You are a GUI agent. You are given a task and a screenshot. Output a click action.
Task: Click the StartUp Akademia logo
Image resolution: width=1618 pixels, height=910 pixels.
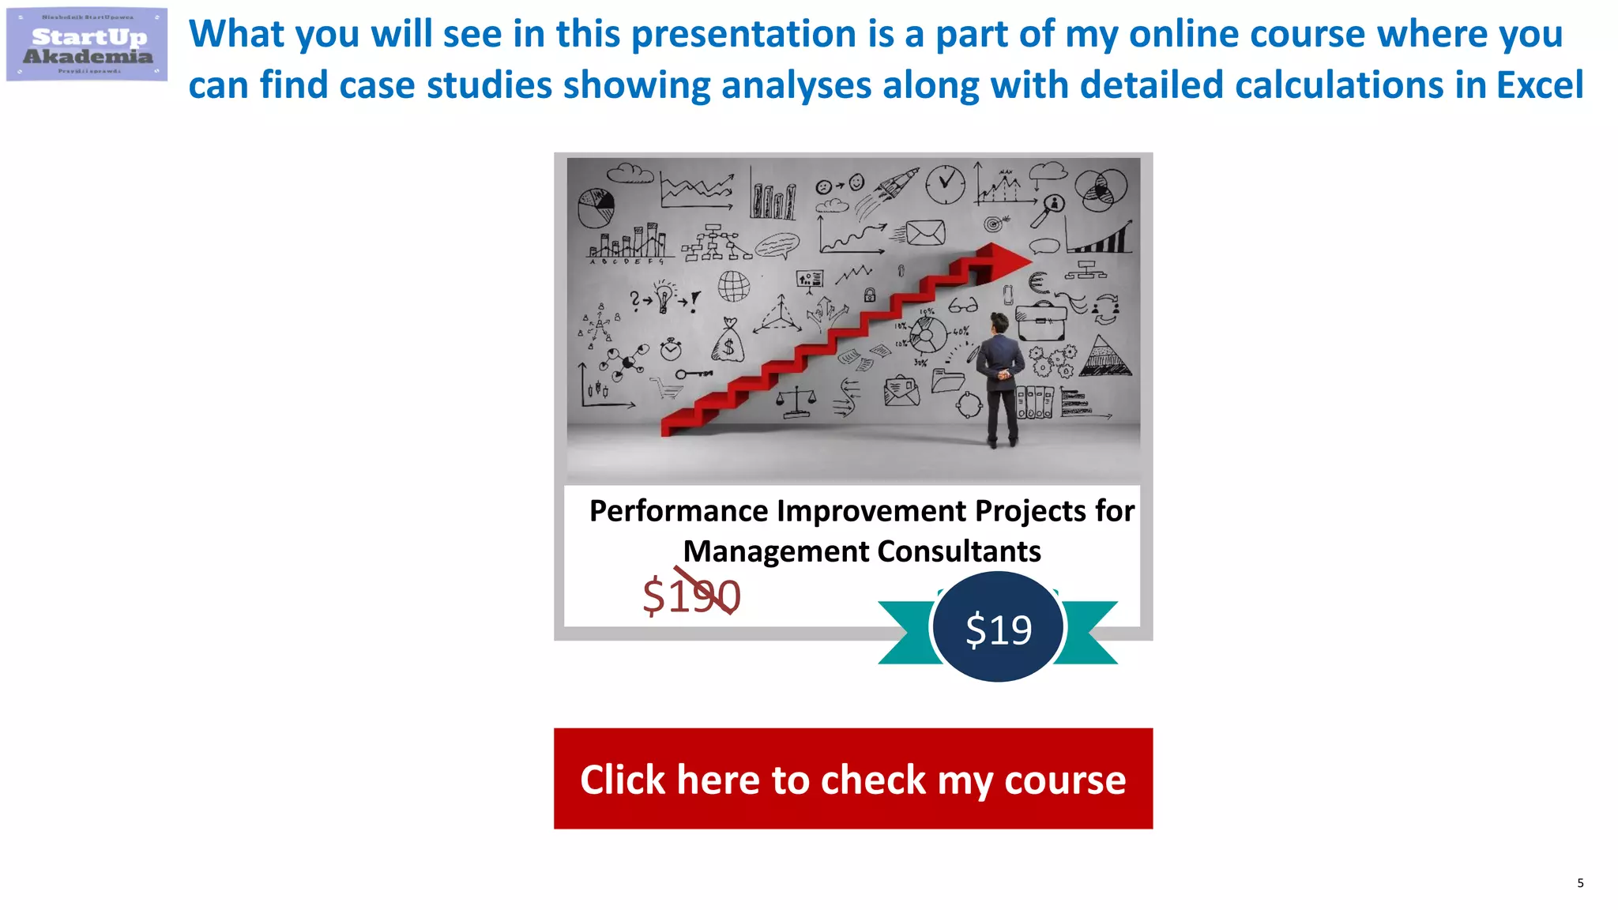pos(87,45)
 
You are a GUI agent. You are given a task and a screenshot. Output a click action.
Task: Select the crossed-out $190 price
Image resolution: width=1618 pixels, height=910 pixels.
pos(692,596)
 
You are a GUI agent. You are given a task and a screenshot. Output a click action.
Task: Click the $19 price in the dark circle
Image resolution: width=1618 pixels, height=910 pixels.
pos(999,629)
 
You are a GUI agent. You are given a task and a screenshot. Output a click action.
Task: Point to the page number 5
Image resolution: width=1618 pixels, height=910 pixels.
pos(1580,883)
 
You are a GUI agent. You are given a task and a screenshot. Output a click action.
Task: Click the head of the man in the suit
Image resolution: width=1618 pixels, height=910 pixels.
pos(999,323)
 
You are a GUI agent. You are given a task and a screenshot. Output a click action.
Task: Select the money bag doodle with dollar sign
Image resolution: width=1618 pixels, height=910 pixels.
pos(728,342)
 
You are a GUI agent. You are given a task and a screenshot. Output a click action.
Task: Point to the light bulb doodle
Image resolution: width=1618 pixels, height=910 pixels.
pos(664,296)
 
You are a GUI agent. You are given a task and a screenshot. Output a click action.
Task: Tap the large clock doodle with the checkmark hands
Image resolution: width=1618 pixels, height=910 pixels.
pos(945,185)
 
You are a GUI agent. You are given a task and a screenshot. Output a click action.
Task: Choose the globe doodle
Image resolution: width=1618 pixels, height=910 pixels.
pos(734,286)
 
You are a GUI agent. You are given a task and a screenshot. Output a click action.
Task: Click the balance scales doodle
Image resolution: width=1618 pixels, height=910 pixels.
pos(796,403)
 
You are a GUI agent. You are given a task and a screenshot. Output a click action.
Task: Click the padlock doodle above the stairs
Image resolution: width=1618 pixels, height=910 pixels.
pos(870,295)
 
